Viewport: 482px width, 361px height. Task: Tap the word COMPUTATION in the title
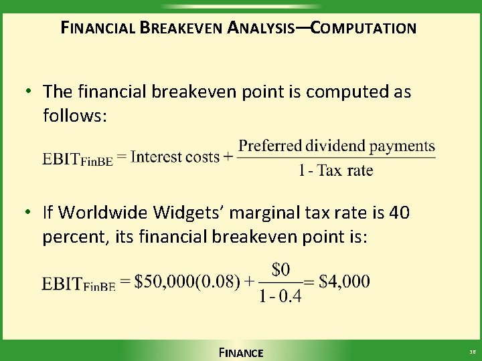pyautogui.click(x=364, y=28)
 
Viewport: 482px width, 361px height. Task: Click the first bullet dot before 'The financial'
pyautogui.click(x=29, y=90)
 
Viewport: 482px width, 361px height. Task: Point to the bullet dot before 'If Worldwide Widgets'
pyautogui.click(x=29, y=213)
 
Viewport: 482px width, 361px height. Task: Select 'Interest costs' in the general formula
pyautogui.click(x=175, y=157)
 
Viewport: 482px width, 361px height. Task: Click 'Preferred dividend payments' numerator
pyautogui.click(x=337, y=146)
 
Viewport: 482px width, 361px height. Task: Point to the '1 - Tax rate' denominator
pyautogui.click(x=335, y=170)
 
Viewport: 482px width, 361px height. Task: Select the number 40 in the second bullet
pyautogui.click(x=398, y=213)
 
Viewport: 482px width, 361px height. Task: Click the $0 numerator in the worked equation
pyautogui.click(x=280, y=269)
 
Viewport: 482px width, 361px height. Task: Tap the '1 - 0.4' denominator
pyautogui.click(x=280, y=295)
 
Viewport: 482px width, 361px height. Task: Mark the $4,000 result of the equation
pyautogui.click(x=344, y=281)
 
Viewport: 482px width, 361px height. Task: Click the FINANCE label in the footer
pyautogui.click(x=241, y=352)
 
